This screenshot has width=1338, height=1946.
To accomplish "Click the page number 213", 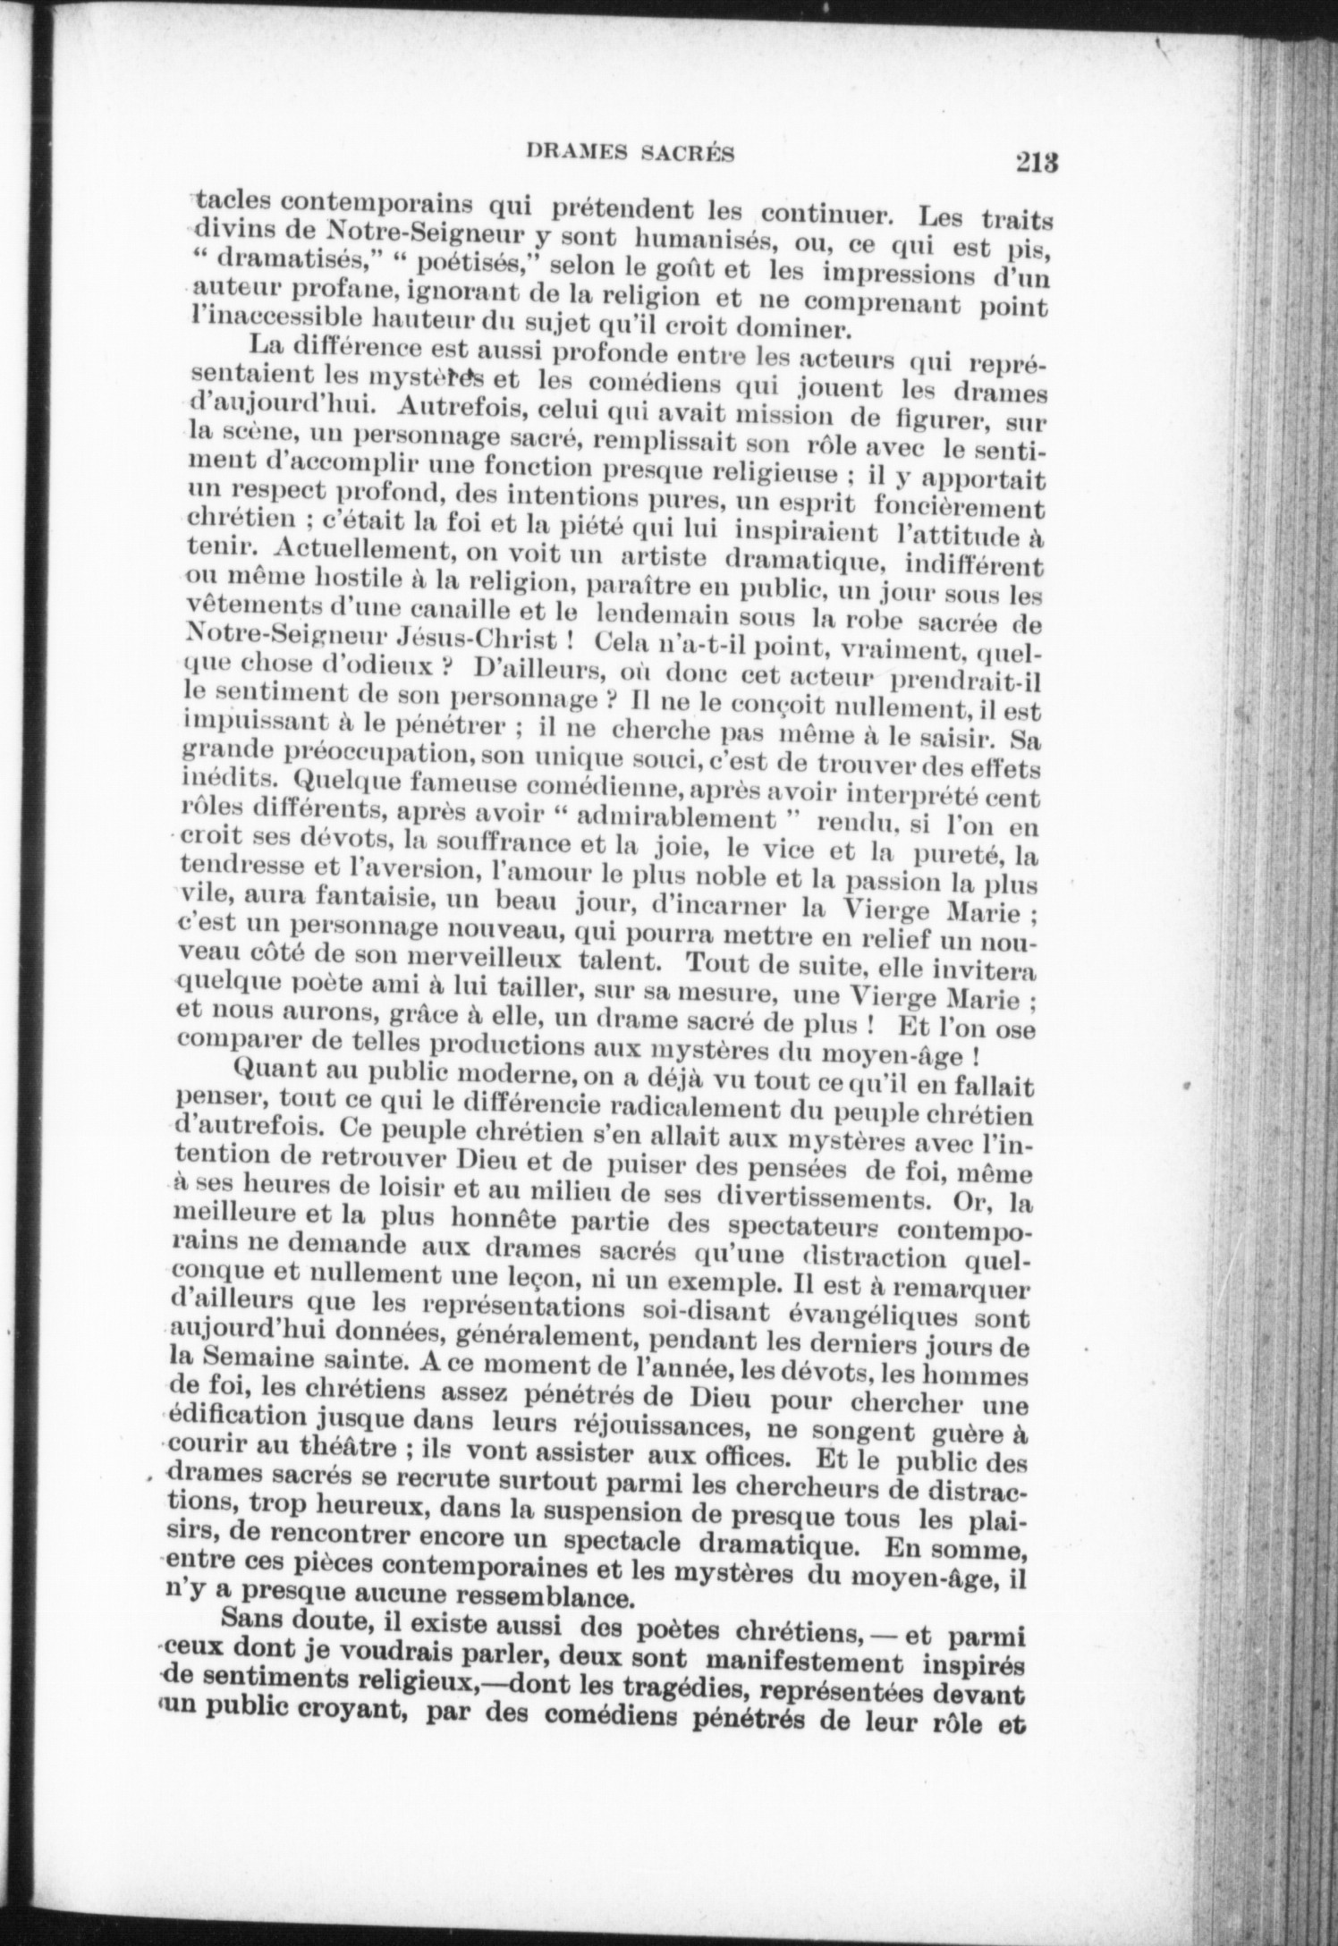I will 1036,163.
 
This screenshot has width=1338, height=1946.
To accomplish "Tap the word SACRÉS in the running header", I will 689,154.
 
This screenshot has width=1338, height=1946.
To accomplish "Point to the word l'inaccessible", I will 267,318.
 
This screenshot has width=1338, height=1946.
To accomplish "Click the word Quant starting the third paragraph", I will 270,1070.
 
